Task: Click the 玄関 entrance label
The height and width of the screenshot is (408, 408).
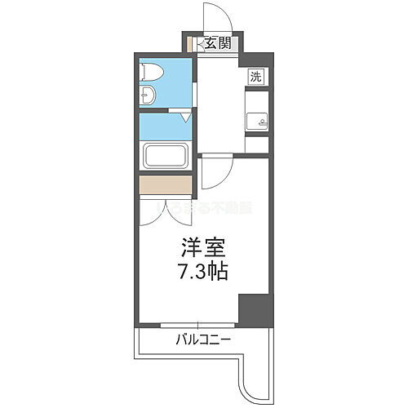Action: [216, 44]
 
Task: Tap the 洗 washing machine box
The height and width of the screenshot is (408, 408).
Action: [255, 78]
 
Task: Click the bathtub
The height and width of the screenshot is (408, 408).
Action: [166, 157]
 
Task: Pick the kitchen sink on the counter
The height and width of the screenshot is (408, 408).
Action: [257, 122]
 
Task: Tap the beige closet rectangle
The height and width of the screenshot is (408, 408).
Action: [166, 187]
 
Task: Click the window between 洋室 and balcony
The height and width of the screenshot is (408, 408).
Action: [188, 325]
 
